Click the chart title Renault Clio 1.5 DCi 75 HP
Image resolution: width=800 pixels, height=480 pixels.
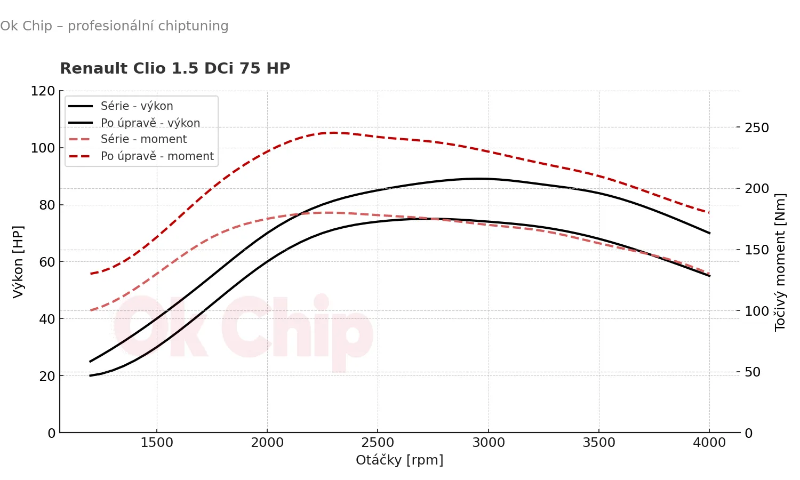(175, 69)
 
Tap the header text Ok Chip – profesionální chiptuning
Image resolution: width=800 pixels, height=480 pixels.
(114, 26)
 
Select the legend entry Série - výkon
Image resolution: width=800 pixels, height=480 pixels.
(137, 106)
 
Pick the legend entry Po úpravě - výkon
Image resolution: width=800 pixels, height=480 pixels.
(150, 123)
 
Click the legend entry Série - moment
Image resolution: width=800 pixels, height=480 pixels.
(143, 139)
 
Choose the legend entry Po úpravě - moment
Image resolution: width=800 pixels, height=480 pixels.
(157, 156)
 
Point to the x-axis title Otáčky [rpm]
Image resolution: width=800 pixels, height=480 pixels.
(399, 460)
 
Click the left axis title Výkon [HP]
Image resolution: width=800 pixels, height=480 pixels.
(18, 261)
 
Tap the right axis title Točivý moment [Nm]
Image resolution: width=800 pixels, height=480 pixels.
(780, 262)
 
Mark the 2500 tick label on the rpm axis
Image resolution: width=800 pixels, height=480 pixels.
(378, 443)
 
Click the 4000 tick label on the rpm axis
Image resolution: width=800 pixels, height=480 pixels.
(709, 443)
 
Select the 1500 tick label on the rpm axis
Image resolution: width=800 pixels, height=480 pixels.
(157, 443)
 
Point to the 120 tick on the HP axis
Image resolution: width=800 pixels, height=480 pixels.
(43, 91)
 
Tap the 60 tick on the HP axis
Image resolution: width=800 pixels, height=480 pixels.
(47, 262)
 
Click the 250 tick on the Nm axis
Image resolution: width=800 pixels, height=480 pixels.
(757, 128)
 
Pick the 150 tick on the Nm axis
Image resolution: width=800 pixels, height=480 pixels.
(757, 250)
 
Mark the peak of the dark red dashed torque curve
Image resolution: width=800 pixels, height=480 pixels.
(334, 133)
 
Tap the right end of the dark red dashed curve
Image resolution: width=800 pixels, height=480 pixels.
(709, 213)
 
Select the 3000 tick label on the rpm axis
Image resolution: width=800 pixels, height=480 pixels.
(489, 443)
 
